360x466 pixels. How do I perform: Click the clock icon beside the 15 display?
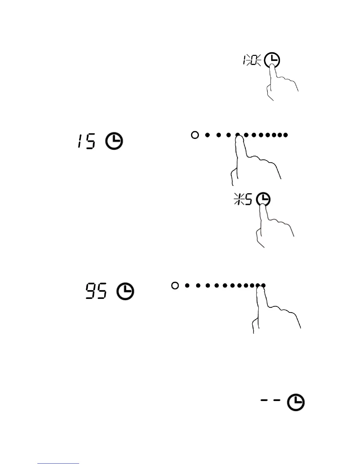pyautogui.click(x=114, y=141)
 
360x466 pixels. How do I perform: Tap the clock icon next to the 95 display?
pyautogui.click(x=125, y=292)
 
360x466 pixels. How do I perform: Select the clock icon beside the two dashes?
pyautogui.click(x=296, y=403)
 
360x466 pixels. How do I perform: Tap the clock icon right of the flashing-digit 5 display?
pyautogui.click(x=263, y=200)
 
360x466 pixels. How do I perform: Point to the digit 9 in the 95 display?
pyautogui.click(x=90, y=291)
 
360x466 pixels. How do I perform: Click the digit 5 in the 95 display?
pyautogui.click(x=101, y=291)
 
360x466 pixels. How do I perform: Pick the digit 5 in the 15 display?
pyautogui.click(x=90, y=141)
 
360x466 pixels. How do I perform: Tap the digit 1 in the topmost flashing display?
pyautogui.click(x=245, y=61)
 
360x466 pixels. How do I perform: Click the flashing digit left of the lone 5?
pyautogui.click(x=238, y=200)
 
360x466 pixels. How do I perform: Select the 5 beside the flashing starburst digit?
pyautogui.click(x=248, y=200)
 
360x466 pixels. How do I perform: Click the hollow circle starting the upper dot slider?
pyautogui.click(x=195, y=135)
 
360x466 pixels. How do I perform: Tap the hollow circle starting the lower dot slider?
pyautogui.click(x=175, y=285)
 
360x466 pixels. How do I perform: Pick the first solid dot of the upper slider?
pyautogui.click(x=207, y=135)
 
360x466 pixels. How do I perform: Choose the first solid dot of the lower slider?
pyautogui.click(x=187, y=285)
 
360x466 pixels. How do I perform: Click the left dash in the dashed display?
pyautogui.click(x=264, y=400)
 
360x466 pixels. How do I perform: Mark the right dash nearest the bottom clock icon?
pyautogui.click(x=276, y=400)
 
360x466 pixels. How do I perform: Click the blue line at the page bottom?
pyautogui.click(x=58, y=464)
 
